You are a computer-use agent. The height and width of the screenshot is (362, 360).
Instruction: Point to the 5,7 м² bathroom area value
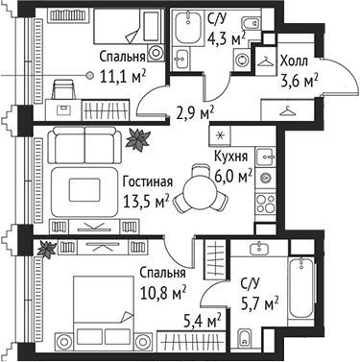[x=259, y=302]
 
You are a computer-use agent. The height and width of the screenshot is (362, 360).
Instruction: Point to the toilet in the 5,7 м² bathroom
[x=245, y=337]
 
